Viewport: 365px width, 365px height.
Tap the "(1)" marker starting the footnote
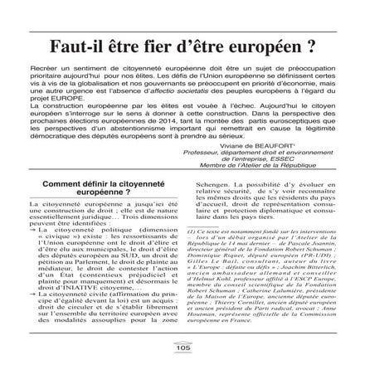[x=191, y=229]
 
